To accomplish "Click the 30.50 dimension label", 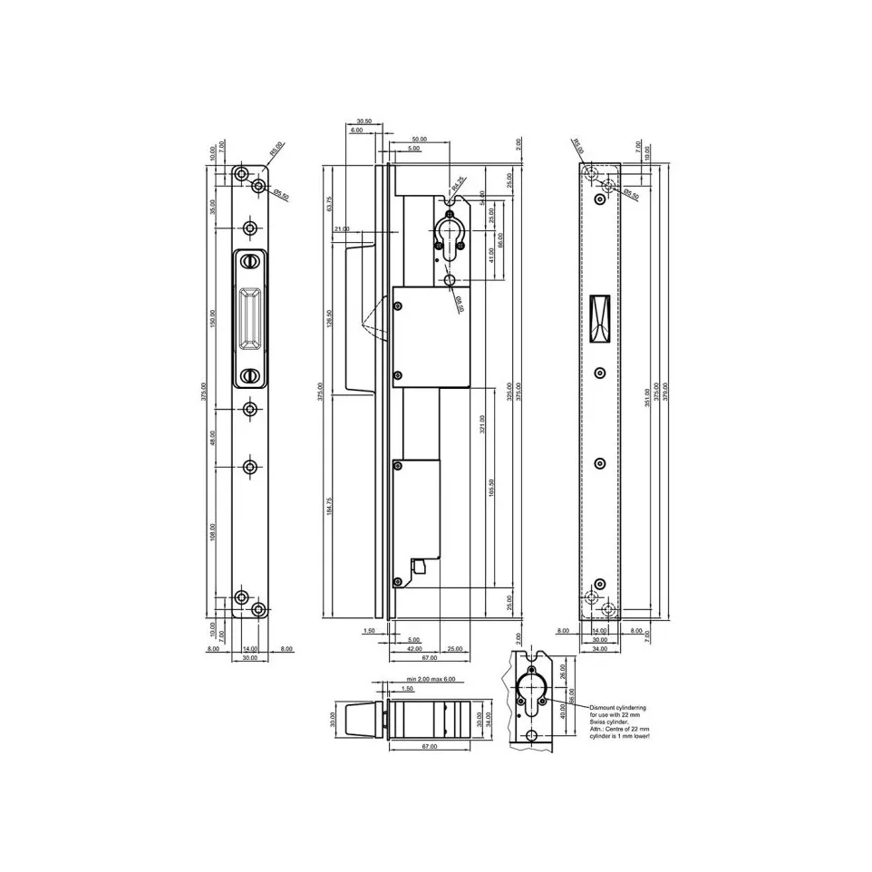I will tap(364, 121).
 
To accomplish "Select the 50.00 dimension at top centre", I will tap(418, 139).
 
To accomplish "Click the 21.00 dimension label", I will tap(341, 229).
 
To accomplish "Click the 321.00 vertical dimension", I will tap(482, 423).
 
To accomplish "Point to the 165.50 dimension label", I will tap(490, 486).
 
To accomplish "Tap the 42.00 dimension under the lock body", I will tap(414, 649).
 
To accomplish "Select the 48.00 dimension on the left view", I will tap(214, 437).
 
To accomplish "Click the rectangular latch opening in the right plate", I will tap(598, 318).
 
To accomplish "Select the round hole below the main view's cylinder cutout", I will tap(451, 281).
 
